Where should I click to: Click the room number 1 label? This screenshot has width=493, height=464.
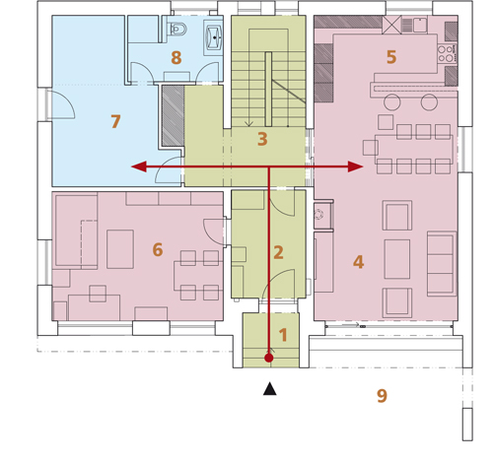pos(283,335)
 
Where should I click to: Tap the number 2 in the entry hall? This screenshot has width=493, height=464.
pos(278,252)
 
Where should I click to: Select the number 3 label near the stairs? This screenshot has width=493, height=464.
pos(262,139)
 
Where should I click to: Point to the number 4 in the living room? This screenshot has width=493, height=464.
pos(358,262)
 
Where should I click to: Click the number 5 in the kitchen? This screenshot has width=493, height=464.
pos(391,57)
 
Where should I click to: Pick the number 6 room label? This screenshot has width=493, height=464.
pos(158,249)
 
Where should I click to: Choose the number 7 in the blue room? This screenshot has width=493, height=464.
pos(115,121)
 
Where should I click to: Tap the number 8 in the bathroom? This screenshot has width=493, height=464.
pos(176,58)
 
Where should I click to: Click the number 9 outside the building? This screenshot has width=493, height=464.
pos(382,396)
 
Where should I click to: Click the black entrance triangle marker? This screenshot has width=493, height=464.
pos(270,389)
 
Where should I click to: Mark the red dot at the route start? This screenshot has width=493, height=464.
pos(269,358)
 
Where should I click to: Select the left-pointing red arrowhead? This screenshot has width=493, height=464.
pos(139,166)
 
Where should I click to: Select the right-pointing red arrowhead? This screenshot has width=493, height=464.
pos(356,166)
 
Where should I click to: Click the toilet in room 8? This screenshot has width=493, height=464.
pos(177,29)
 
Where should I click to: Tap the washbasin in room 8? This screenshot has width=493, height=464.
pos(214,37)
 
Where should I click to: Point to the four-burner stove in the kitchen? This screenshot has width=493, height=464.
pos(447,54)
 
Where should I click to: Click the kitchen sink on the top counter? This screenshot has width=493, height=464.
pos(420,25)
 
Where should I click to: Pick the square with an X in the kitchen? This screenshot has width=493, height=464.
pos(391,25)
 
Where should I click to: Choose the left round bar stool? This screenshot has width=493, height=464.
pos(392,101)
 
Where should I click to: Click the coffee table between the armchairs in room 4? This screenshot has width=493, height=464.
pos(397,259)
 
